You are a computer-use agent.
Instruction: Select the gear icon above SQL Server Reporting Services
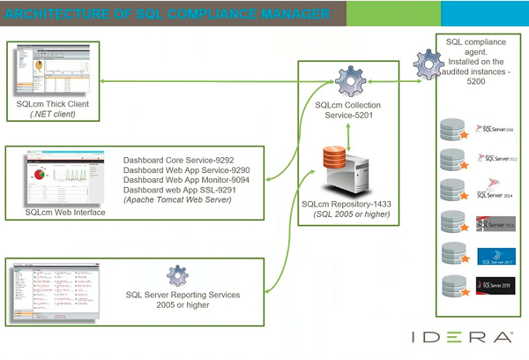178,274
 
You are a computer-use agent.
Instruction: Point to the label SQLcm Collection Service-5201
349,110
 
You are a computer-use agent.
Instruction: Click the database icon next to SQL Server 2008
452,130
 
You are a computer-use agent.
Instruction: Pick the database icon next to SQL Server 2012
452,160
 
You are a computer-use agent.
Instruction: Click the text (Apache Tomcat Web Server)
177,199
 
